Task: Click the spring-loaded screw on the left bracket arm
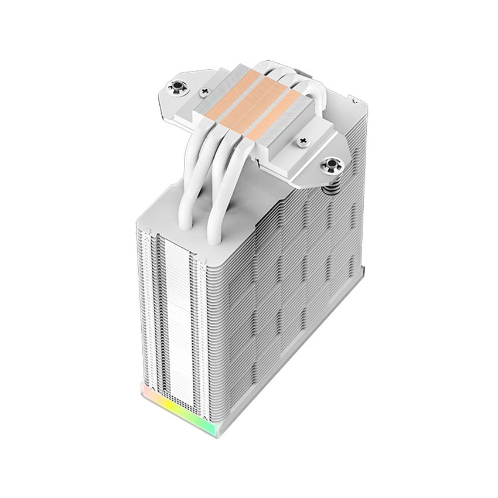pyautogui.click(x=175, y=88)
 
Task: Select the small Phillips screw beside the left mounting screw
pyautogui.click(x=204, y=91)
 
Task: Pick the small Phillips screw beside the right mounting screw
pyautogui.click(x=303, y=141)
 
